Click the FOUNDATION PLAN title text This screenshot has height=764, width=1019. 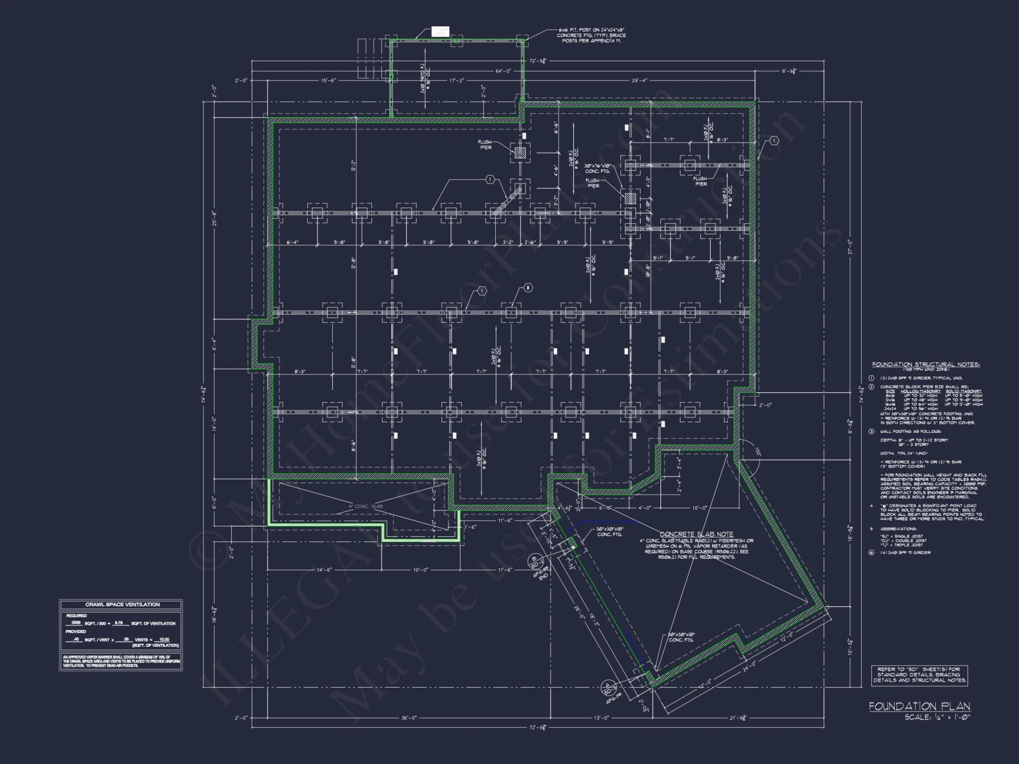coord(919,706)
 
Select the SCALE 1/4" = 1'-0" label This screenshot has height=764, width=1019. coord(937,717)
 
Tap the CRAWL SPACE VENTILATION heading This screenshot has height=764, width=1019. coord(122,605)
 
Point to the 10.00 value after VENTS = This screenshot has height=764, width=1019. coord(164,639)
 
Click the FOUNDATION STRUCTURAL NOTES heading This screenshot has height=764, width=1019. coord(926,365)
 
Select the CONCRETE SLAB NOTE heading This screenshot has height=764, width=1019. coord(696,535)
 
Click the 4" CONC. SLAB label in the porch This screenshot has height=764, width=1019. coord(365,506)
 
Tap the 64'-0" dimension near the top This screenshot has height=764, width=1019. coord(503,71)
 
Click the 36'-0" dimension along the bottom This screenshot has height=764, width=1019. coord(409,718)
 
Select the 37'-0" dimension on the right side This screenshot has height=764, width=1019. coord(850,247)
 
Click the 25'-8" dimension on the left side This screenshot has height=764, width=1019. coord(214,219)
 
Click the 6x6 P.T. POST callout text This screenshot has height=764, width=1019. coord(591,35)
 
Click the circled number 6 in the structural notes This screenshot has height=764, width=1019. coord(872,552)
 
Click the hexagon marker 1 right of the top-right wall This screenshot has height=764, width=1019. coord(774,141)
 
